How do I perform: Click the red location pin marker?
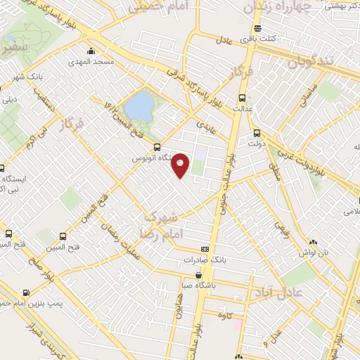(181, 165)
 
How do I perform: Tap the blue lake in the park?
(140, 108)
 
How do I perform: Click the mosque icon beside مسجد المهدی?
(91, 51)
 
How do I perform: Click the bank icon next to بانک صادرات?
(205, 249)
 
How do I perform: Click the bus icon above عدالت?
(243, 98)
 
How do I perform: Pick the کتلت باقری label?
(264, 39)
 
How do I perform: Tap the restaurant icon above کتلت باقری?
(259, 29)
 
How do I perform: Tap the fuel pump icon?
(26, 292)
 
